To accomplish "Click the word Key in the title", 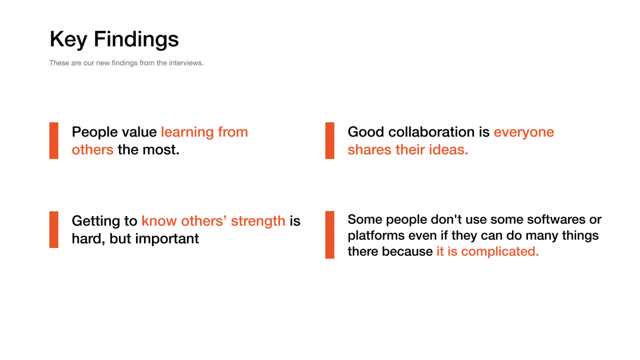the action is pos(68,39).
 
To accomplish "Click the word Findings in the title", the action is pos(137,39).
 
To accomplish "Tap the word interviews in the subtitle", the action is pos(186,63).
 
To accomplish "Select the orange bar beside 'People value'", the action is pos(54,141).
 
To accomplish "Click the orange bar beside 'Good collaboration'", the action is pos(330,141).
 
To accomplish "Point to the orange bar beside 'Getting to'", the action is pos(54,229).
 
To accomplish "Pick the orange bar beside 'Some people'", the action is pos(330,235).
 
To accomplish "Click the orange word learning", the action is pos(187,133).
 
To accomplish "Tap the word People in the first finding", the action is pos(94,133).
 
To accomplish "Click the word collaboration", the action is pos(431,132).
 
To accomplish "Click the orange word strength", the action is pos(258,221).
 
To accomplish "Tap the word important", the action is pos(167,239).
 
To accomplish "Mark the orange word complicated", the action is pos(500,252).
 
